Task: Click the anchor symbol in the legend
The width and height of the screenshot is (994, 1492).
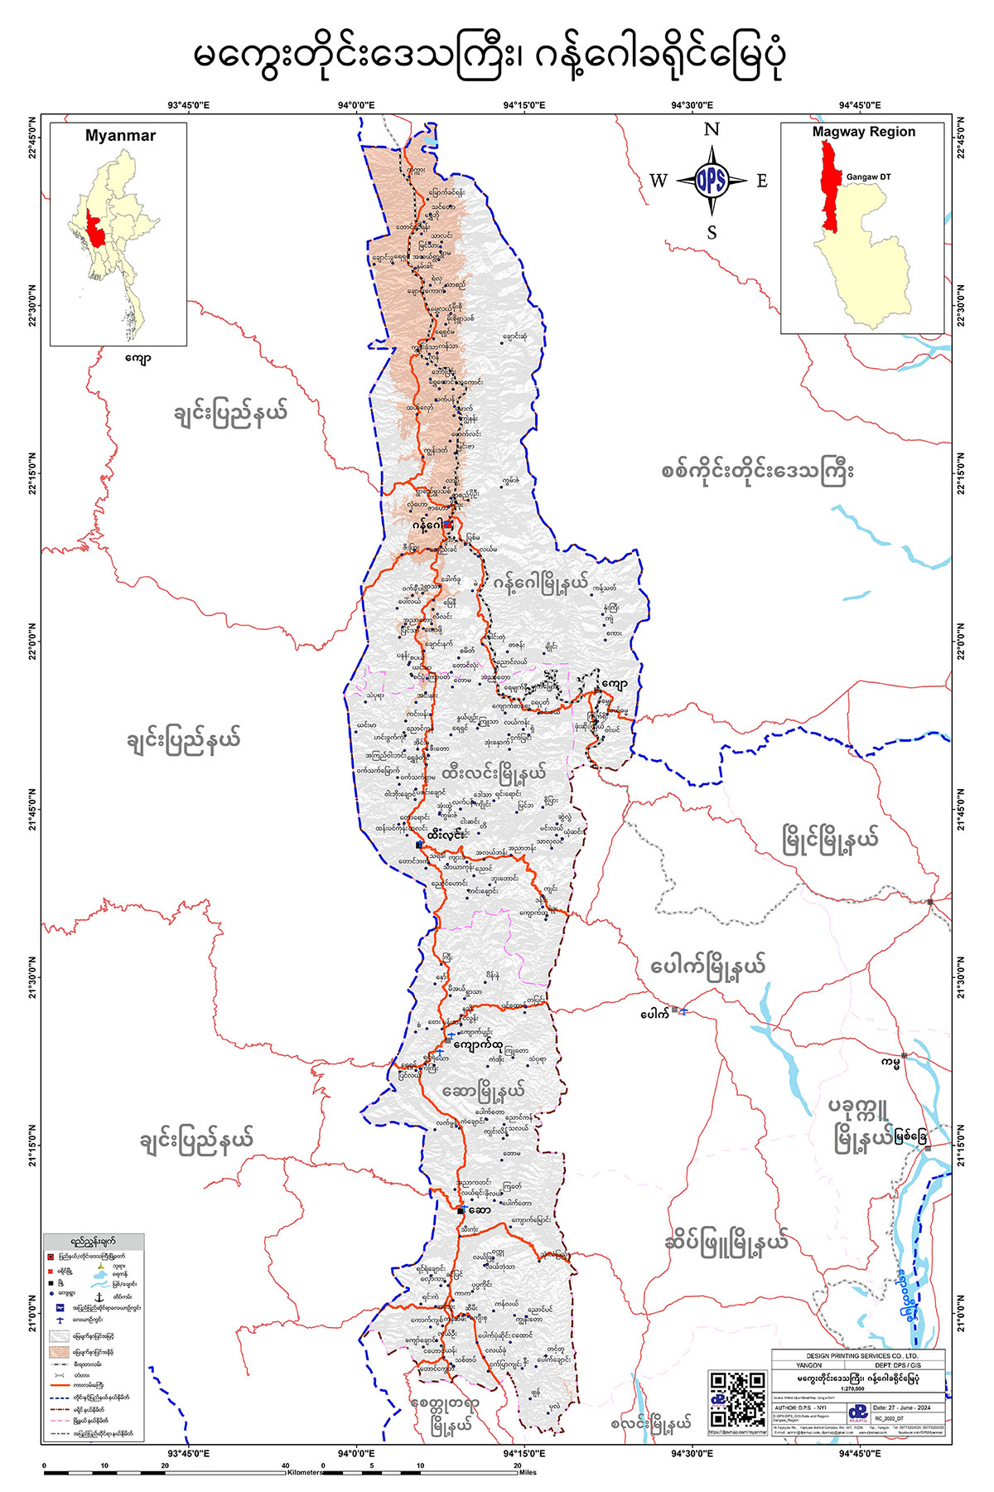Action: [99, 1296]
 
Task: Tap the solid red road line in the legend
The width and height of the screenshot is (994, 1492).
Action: [60, 1384]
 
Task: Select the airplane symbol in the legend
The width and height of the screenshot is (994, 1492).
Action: [60, 1319]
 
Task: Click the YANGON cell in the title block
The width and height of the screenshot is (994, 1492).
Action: [808, 1365]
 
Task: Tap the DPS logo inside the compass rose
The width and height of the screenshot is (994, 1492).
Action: [712, 181]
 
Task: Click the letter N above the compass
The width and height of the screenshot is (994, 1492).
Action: [712, 129]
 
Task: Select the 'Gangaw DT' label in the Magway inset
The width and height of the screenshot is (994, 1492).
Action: [868, 177]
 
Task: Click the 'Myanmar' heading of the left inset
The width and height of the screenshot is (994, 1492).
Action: [120, 136]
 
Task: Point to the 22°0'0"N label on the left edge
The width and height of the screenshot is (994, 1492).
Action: [33, 642]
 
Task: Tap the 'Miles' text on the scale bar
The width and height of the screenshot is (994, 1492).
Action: [528, 1473]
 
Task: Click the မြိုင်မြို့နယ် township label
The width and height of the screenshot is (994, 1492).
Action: [830, 840]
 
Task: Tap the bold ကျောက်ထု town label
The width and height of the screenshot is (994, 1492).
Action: [490, 1045]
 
